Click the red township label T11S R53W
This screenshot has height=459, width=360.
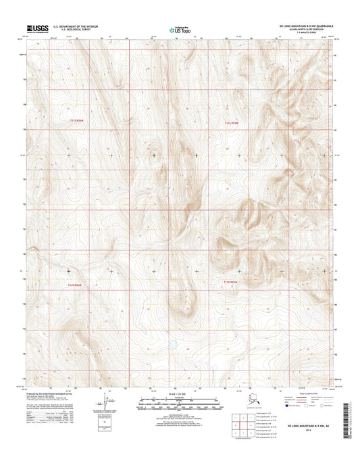(x=232, y=122)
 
